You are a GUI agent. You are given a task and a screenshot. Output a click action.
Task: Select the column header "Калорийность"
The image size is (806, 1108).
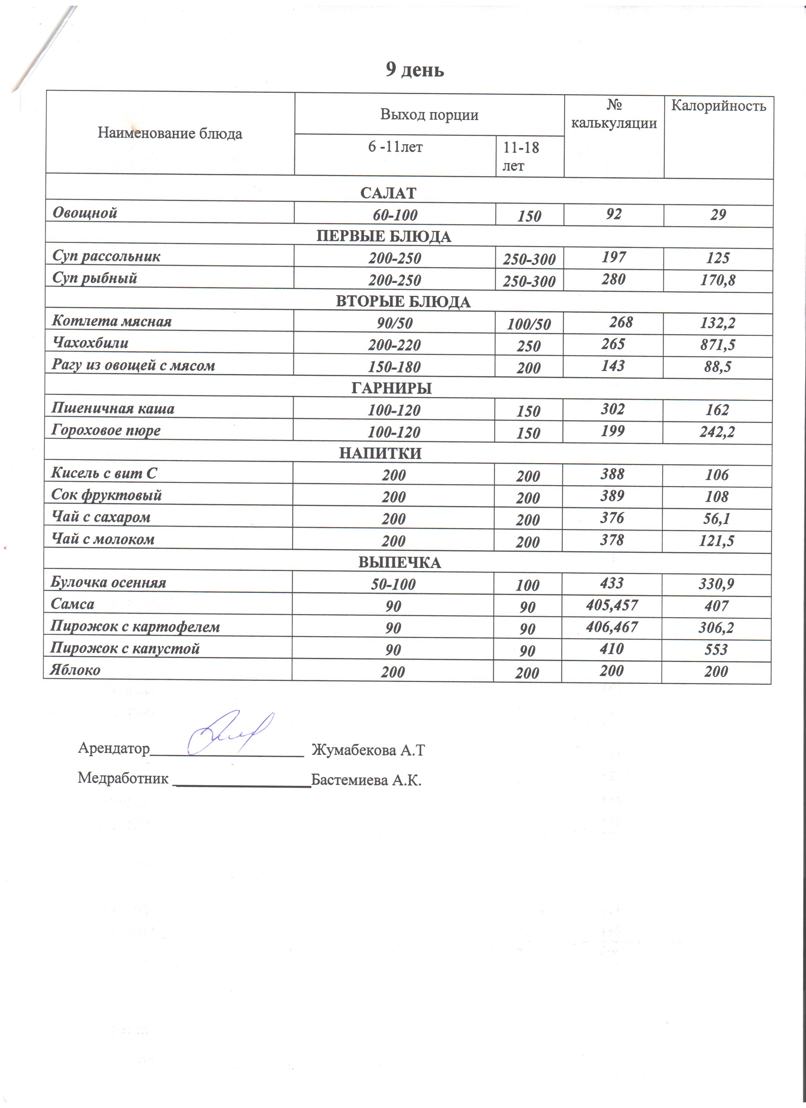pyautogui.click(x=718, y=106)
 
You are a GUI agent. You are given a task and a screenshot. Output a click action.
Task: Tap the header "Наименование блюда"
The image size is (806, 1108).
pyautogui.click(x=170, y=133)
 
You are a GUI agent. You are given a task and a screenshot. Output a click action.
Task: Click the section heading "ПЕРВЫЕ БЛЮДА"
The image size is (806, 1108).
pyautogui.click(x=384, y=237)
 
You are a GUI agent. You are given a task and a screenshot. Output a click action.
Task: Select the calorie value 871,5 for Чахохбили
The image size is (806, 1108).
pyautogui.click(x=717, y=345)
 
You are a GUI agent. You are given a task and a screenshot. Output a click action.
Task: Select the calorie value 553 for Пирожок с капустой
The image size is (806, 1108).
pyautogui.click(x=717, y=649)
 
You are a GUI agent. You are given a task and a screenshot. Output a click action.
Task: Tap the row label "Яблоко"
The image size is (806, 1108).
pyautogui.click(x=75, y=670)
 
